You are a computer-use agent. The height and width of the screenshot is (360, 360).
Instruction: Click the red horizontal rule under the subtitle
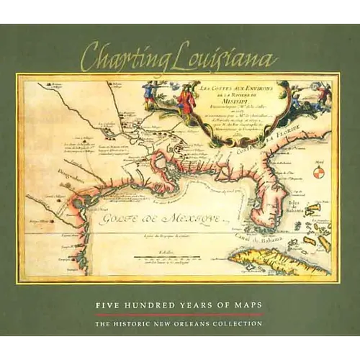180,315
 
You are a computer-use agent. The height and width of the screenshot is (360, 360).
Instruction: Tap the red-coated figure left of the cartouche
186,101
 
